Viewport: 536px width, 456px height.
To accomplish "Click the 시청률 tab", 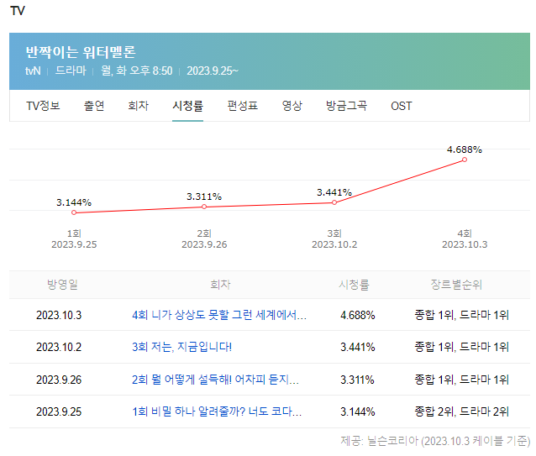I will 187,106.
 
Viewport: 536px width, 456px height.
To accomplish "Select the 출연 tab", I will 94,106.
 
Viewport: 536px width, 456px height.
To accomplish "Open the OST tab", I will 402,106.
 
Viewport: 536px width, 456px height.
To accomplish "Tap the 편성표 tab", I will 243,106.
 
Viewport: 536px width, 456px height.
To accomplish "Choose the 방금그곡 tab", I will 346,106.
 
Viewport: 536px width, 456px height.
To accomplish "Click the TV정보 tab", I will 43,106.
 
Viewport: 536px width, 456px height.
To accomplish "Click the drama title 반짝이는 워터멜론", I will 81,51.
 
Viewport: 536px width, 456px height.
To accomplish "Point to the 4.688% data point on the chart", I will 465,160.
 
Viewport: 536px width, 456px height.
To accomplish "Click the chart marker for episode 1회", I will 74,212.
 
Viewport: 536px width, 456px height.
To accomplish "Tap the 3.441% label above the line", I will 334,192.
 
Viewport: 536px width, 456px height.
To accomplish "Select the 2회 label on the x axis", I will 204,233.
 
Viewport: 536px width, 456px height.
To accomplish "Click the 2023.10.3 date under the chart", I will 465,244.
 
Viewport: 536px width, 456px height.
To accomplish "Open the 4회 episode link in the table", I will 219,316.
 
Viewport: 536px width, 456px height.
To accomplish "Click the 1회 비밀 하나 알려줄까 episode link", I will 217,411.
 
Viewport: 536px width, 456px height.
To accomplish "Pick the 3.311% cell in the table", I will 357,380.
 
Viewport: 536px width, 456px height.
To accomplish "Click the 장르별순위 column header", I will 456,285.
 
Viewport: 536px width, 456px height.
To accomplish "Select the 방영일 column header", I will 62,285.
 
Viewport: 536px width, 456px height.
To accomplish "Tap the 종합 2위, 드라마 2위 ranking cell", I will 461,411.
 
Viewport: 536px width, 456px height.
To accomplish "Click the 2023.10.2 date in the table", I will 59,348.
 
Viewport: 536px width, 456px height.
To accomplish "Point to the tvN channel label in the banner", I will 34,71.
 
